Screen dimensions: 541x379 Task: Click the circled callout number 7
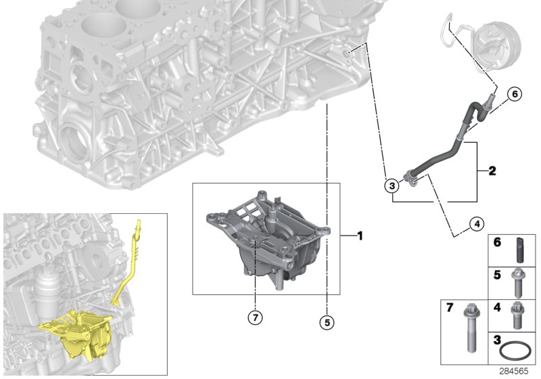[256, 317]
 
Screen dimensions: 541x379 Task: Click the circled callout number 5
[327, 322]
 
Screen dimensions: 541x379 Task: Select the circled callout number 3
[392, 186]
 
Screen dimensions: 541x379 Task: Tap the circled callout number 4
[477, 224]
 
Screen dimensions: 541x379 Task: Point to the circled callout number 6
[515, 94]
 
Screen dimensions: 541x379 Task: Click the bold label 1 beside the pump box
[360, 236]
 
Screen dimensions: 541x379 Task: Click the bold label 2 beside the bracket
[492, 171]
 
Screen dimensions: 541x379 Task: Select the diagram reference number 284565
[514, 371]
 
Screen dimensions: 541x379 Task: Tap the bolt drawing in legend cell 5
[517, 283]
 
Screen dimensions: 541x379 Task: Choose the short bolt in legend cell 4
[517, 315]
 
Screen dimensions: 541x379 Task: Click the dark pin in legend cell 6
[520, 250]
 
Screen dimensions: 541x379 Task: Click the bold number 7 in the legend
[450, 307]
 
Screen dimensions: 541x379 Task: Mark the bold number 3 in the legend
[497, 340]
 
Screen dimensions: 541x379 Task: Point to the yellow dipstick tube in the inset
[127, 263]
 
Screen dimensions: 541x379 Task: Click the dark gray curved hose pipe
[448, 141]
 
